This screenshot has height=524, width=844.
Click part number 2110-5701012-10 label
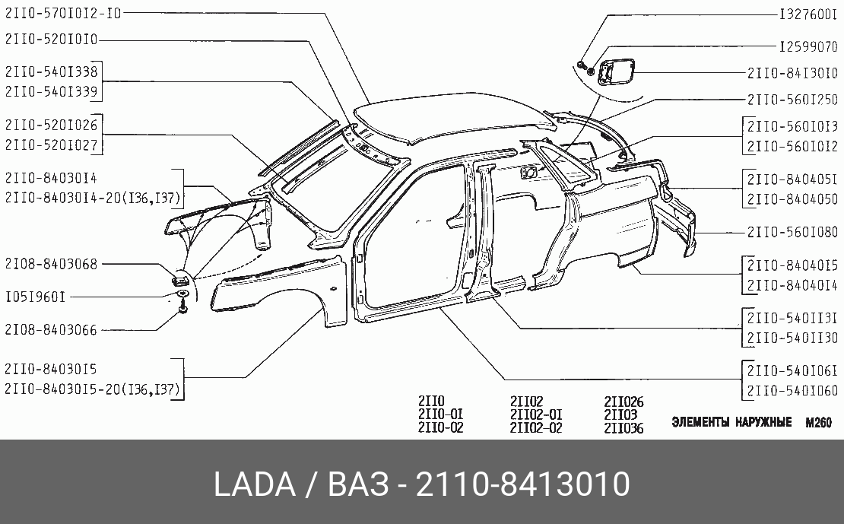tap(64, 13)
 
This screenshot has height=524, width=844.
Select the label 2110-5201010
tap(52, 40)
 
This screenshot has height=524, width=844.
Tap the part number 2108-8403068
tap(52, 264)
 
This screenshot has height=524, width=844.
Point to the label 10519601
tap(36, 297)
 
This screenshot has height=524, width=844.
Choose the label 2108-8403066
tap(52, 329)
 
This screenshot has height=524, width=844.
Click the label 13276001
tap(808, 14)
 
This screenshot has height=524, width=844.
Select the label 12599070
tap(808, 47)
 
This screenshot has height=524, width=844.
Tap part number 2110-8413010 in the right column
tap(792, 73)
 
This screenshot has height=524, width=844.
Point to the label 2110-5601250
tap(792, 100)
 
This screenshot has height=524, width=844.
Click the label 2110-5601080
tap(792, 232)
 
